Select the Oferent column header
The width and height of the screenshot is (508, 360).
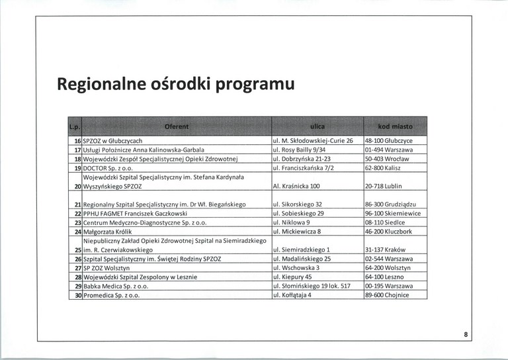175,126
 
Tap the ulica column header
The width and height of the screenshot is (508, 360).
317,126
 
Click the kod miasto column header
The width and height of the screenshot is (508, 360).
395,126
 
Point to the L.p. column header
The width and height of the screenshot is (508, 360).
74,126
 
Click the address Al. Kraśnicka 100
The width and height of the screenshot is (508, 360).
296,187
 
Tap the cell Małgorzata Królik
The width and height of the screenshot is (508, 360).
108,232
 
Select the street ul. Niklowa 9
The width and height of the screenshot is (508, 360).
292,223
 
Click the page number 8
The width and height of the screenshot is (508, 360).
466,336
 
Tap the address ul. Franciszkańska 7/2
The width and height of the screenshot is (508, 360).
304,169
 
